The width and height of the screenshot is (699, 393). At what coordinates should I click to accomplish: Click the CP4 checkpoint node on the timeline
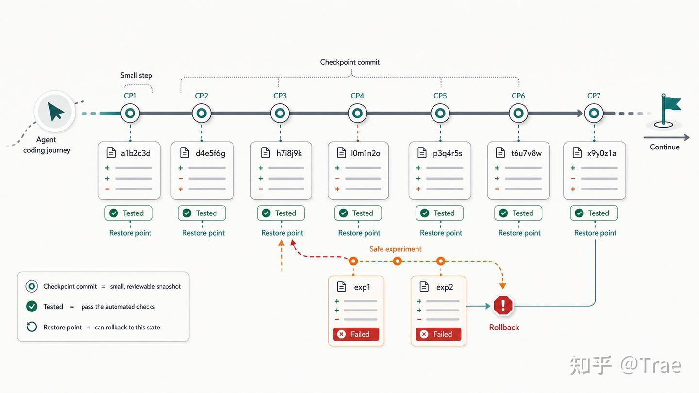click(357, 113)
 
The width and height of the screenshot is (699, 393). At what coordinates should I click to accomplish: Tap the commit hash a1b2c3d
click(135, 153)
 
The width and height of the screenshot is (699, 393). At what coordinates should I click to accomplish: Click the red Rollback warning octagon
click(503, 305)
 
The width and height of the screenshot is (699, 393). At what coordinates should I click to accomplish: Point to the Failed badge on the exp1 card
click(356, 334)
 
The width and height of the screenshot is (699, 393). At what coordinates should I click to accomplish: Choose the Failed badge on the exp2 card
click(438, 334)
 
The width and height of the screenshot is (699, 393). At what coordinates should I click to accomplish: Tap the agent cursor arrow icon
click(55, 112)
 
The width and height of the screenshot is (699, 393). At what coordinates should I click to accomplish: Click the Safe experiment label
click(395, 249)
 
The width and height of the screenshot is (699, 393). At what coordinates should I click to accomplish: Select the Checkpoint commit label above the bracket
click(350, 62)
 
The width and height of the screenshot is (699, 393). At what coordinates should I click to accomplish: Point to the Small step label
click(136, 75)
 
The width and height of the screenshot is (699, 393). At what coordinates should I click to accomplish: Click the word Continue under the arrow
click(665, 147)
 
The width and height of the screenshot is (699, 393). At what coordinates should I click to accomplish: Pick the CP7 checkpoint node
click(594, 113)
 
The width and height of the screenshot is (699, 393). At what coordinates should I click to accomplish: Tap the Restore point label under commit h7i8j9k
click(282, 233)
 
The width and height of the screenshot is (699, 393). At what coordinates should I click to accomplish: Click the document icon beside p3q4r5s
click(422, 153)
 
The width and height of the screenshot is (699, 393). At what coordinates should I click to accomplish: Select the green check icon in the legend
click(32, 306)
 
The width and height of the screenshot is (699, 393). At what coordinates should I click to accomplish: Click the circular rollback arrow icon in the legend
click(32, 327)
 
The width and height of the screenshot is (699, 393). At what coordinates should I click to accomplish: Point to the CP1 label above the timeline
click(130, 96)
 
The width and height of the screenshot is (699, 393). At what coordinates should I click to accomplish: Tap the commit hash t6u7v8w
click(526, 153)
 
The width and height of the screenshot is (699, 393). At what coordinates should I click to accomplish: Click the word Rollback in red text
click(504, 327)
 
